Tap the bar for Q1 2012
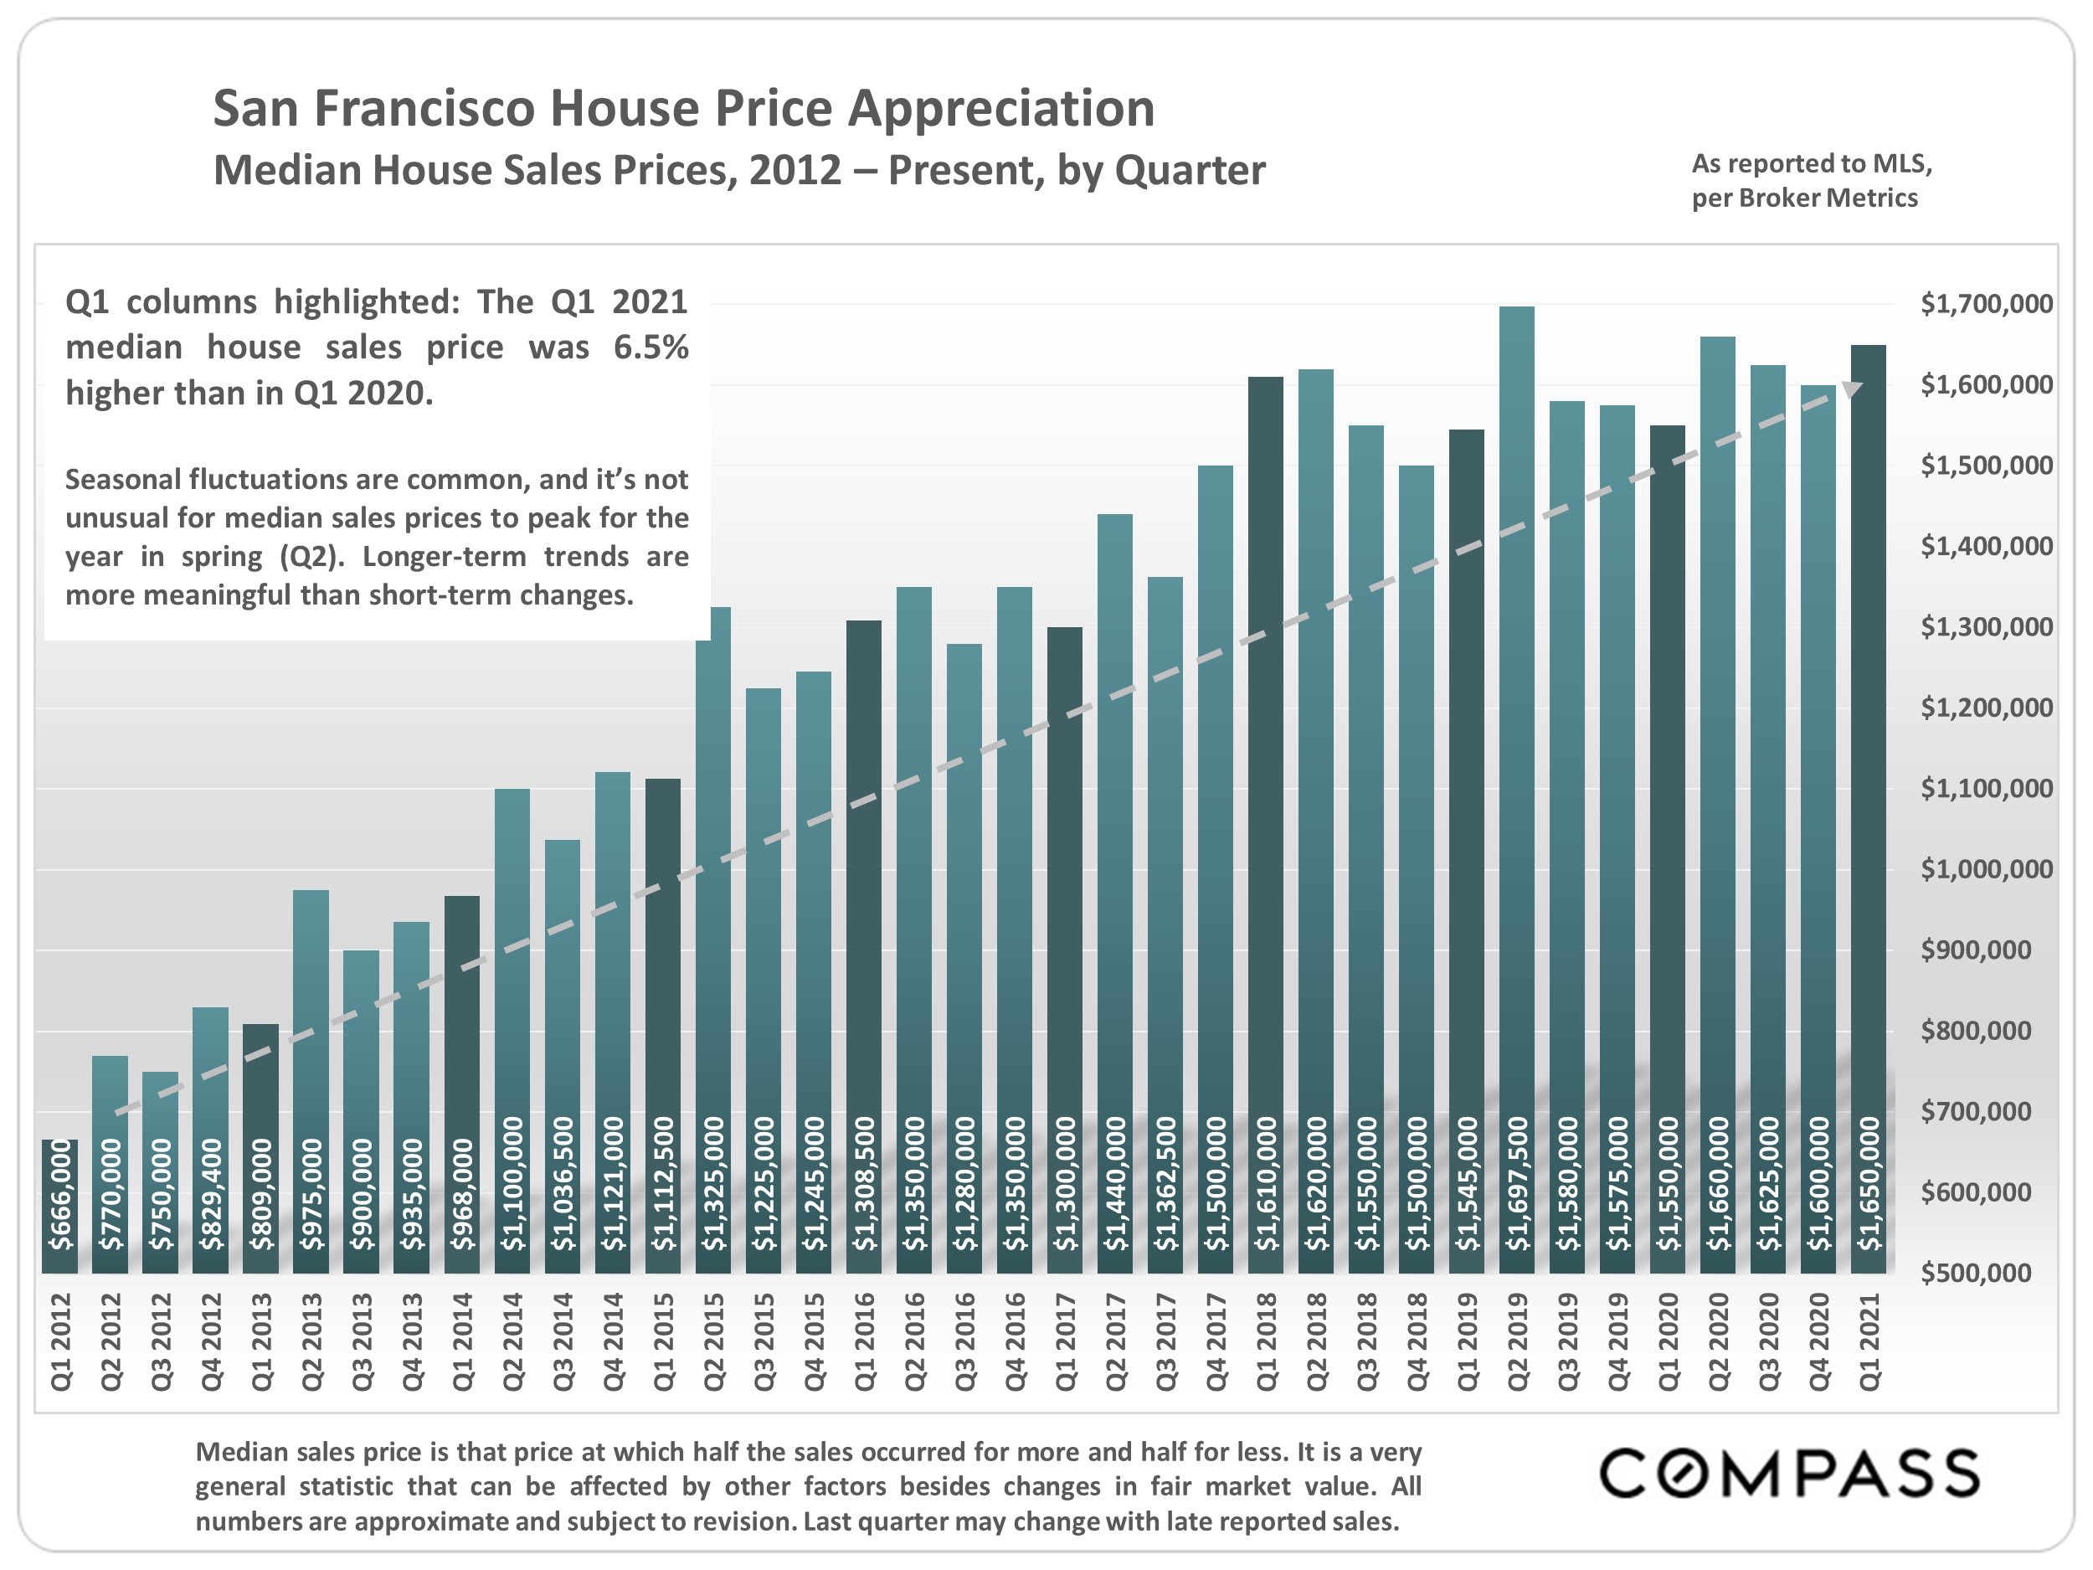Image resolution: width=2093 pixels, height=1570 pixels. [x=59, y=1207]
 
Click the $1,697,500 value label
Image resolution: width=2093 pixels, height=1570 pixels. [x=1518, y=1183]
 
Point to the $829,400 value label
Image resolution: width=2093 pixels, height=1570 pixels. [x=211, y=1194]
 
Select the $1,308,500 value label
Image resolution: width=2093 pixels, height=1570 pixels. [x=864, y=1183]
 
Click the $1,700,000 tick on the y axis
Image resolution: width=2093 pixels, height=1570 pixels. [x=1986, y=304]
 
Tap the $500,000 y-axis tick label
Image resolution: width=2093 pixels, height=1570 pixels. [x=1976, y=1273]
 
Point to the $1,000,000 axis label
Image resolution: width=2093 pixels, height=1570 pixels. [x=1986, y=869]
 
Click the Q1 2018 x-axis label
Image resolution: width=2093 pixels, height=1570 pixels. [x=1266, y=1342]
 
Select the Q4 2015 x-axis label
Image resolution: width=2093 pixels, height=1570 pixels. [x=814, y=1342]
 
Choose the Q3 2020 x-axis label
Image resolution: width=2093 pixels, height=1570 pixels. [x=1768, y=1342]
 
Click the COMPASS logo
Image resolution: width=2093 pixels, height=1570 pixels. [x=1789, y=1474]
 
